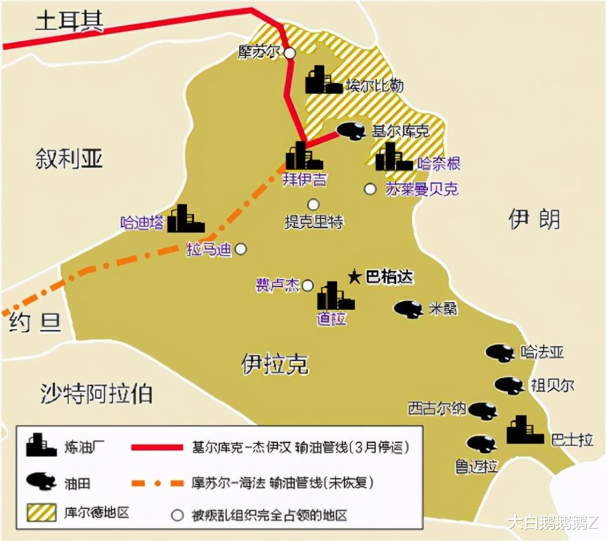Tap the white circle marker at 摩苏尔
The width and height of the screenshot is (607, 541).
click(x=289, y=53)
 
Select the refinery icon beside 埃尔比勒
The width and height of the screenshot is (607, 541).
click(x=323, y=80)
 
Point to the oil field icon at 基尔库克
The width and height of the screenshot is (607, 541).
click(x=352, y=130)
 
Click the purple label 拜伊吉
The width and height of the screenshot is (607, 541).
click(x=304, y=180)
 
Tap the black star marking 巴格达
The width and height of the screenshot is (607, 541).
click(x=354, y=277)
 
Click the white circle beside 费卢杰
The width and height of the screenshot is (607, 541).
click(x=308, y=285)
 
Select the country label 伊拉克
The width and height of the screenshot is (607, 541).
click(x=275, y=364)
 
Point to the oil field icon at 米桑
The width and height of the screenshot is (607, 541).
click(x=408, y=309)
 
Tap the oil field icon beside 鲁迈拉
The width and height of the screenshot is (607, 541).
click(x=482, y=443)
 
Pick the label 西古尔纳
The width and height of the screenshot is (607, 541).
click(x=437, y=408)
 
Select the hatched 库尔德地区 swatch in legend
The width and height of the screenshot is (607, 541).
click(x=42, y=513)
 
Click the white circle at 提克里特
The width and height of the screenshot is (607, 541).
click(x=314, y=204)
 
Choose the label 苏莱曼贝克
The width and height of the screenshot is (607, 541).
click(x=422, y=189)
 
